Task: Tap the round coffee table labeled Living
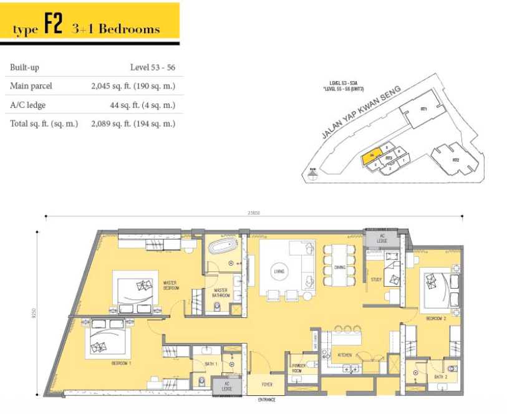279,271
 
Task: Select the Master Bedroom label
171,286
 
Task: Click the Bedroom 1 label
122,362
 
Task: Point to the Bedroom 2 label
435,319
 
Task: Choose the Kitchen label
345,355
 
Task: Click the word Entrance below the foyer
267,400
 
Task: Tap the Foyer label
267,385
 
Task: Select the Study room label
376,280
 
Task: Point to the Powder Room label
296,368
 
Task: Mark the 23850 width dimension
253,212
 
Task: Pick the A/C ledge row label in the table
27,105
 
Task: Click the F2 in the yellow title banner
53,28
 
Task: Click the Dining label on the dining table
339,267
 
